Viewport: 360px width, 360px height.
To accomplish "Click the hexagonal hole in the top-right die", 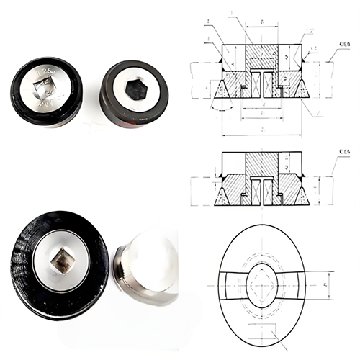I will (135, 90).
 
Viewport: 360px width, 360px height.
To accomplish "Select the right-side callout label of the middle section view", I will (341, 150).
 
